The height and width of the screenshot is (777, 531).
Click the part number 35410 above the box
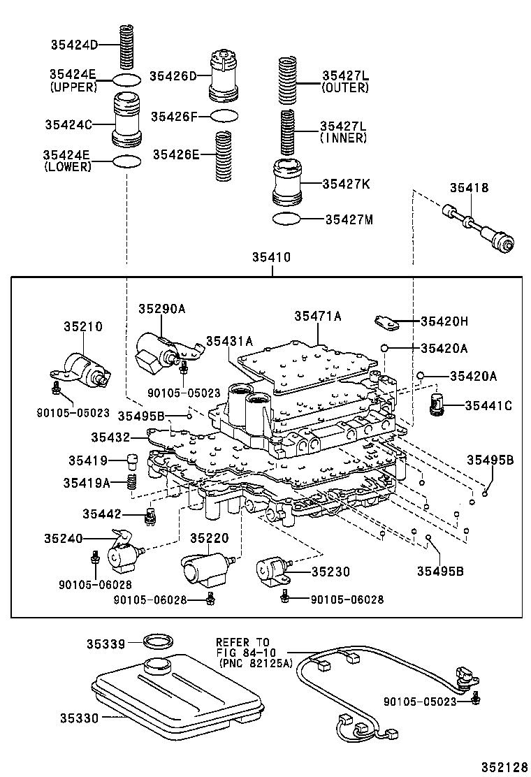pos(271,257)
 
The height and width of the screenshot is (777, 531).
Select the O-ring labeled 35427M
pos(287,219)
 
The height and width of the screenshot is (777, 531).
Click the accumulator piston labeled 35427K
pos(287,182)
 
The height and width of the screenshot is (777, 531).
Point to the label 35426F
pos(174,117)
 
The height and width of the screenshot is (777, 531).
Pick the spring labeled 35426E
pos(224,156)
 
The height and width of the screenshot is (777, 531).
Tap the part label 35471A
pos(318,316)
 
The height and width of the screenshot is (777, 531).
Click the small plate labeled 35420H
pos(386,321)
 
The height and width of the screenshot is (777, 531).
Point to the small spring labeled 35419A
pos(132,481)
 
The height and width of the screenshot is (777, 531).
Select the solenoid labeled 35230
pos(273,572)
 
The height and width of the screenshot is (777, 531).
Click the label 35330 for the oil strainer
pos(80,717)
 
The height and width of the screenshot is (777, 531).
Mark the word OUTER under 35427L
pos(345,88)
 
